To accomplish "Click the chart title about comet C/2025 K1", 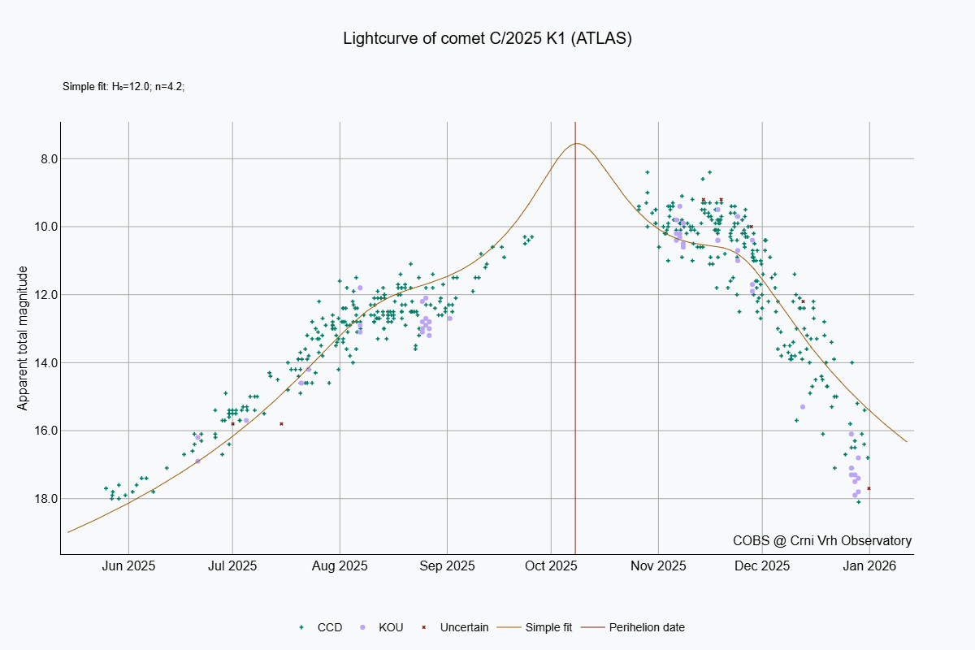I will (x=487, y=38).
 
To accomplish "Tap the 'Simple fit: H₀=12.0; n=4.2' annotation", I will (x=123, y=86).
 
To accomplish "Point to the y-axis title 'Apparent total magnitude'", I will (x=24, y=337).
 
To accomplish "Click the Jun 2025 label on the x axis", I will (x=128, y=565).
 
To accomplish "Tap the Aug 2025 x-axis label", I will (x=340, y=565).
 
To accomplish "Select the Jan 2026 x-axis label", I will (x=869, y=565).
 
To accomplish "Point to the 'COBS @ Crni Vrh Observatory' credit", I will (x=821, y=541).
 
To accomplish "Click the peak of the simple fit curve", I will (x=577, y=144).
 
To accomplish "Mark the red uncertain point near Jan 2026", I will (x=869, y=488).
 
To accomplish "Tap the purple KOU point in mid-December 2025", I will (x=802, y=406).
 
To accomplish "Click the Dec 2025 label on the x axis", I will (x=764, y=565).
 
